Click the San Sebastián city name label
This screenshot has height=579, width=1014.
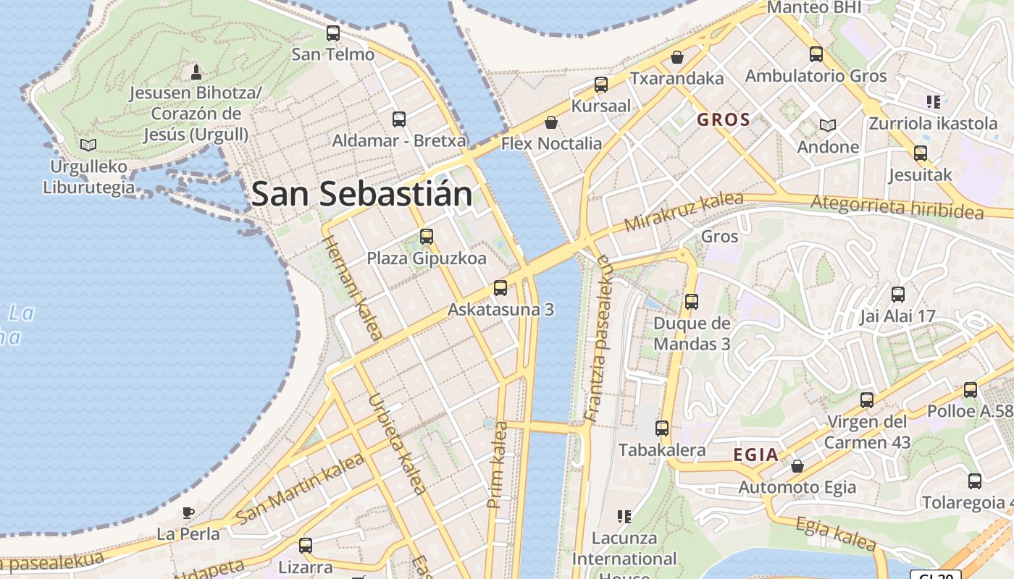(361, 194)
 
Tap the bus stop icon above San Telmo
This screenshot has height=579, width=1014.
(333, 33)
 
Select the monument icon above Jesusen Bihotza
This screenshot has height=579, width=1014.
(196, 72)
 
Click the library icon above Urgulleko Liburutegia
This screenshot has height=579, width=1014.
(88, 145)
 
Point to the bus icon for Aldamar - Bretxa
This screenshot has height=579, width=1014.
(399, 119)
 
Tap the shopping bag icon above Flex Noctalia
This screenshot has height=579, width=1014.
(551, 122)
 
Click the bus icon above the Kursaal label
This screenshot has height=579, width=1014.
(601, 84)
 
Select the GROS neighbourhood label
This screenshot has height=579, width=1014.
(723, 119)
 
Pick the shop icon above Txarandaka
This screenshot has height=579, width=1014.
(677, 56)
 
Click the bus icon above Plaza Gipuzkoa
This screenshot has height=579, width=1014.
(427, 236)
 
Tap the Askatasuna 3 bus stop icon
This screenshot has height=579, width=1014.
(500, 287)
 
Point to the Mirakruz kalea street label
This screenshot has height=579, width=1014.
(683, 211)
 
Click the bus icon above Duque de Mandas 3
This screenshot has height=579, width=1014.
(692, 301)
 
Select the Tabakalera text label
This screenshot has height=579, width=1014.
(662, 449)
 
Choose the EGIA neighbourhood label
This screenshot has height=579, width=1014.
(756, 455)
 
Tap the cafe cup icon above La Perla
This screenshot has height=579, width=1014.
(188, 512)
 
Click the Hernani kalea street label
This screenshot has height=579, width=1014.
(351, 287)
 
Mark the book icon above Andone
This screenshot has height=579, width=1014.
(828, 125)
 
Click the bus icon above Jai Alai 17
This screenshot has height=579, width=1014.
(898, 294)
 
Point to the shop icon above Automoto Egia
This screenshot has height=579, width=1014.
(797, 465)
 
